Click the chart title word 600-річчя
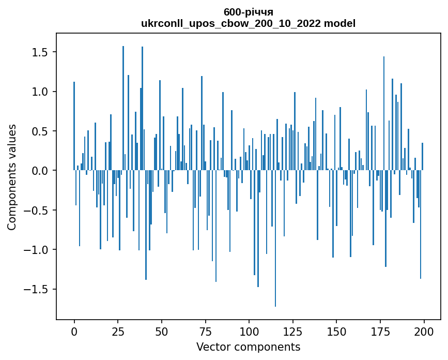click(x=248, y=12)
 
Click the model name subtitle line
click(x=248, y=23)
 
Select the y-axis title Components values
click(x=11, y=177)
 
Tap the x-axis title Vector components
click(x=248, y=347)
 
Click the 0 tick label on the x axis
click(x=74, y=331)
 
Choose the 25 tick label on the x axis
click(x=118, y=331)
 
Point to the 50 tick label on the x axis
click(x=162, y=331)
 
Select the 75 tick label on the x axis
click(x=205, y=331)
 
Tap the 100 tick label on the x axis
click(x=249, y=331)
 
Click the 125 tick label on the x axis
click(x=293, y=331)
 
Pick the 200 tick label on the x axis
click(x=424, y=331)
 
